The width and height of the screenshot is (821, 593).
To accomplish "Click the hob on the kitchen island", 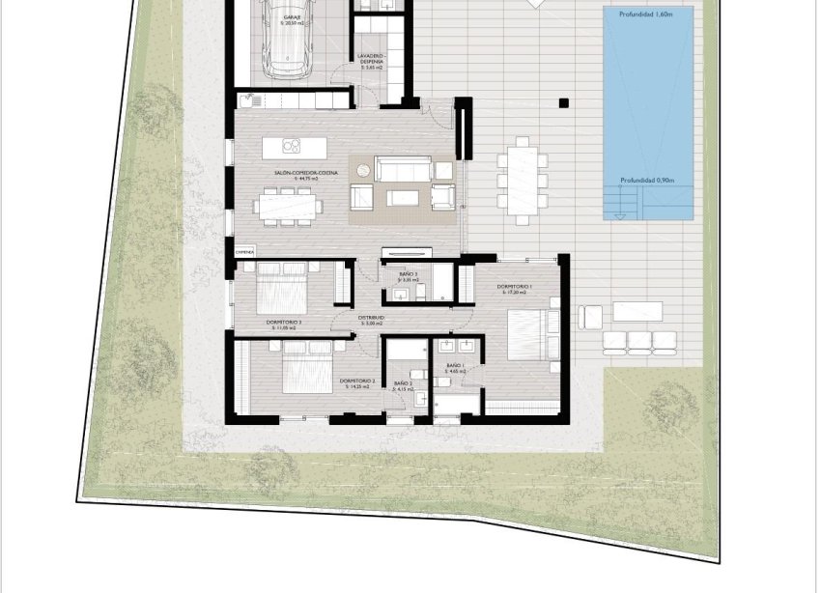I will pos(289,146).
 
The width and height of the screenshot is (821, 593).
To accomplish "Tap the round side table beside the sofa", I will pos(362,170).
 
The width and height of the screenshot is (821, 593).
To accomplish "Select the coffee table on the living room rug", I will pos(404,197).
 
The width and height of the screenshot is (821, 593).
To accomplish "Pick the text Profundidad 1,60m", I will pos(647,14).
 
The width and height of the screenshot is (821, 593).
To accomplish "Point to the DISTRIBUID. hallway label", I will pos(372,317).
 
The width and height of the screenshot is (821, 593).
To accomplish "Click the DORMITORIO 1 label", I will pos(515,287).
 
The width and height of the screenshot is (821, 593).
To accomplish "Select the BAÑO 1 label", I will pos(454,366).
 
